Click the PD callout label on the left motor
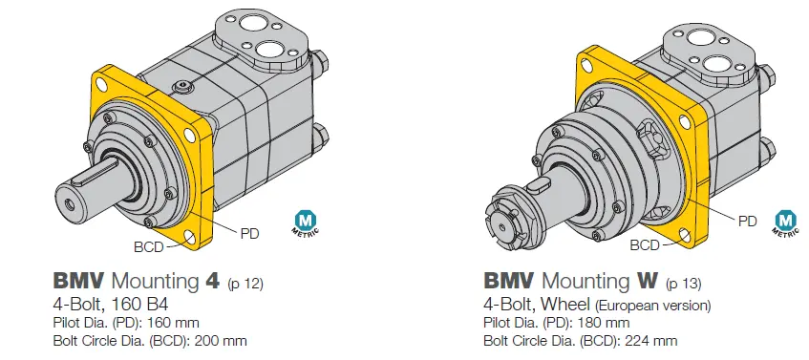pos(249,234)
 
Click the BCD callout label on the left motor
pos(149,247)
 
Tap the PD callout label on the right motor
pos(748,222)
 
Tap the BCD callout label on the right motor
pos(645,245)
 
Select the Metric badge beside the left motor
pos(306,222)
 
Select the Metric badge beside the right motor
pos(786,222)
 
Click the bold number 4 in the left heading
pos(212,281)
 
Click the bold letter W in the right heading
pos(647,281)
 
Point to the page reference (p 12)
pos(245,284)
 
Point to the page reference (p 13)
pos(684,284)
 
